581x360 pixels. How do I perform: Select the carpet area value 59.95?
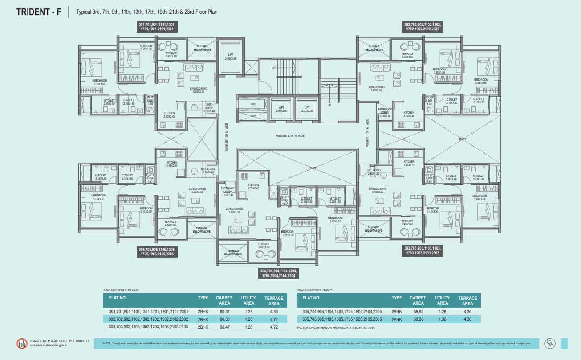[418, 312]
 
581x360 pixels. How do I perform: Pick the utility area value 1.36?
[442, 319]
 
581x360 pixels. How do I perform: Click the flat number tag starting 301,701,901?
[158, 27]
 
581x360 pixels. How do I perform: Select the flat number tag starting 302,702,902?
[423, 27]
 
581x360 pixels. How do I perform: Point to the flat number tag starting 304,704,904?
[279, 273]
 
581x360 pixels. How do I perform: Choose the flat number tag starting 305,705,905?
[158, 252]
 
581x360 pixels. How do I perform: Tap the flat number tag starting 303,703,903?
[423, 250]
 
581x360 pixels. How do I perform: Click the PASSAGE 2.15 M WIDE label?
[290, 135]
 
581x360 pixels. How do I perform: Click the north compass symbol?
[551, 343]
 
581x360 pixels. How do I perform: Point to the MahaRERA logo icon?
[21, 343]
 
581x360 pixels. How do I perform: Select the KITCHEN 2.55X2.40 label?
[253, 187]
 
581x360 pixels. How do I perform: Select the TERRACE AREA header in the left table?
[274, 300]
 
